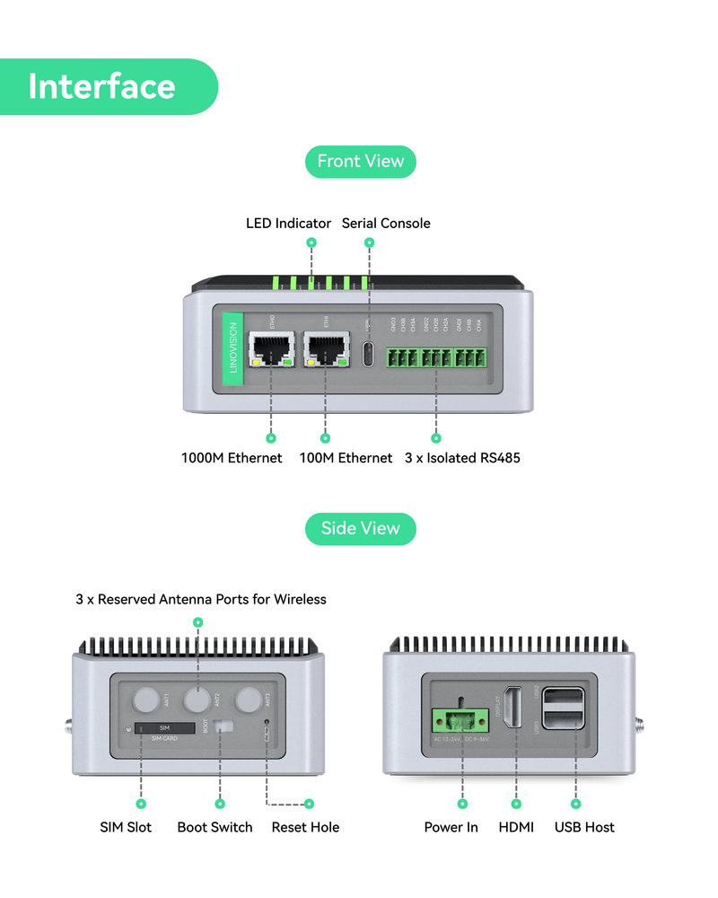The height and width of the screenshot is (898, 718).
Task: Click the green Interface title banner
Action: click(108, 86)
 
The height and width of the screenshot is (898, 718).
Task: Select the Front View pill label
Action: click(361, 162)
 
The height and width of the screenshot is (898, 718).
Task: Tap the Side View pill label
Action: click(361, 528)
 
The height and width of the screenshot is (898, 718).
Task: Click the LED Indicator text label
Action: click(288, 223)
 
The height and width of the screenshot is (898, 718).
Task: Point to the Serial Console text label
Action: click(386, 223)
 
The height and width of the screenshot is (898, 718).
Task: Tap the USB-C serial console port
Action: click(367, 353)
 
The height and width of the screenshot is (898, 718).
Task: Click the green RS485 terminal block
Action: click(436, 357)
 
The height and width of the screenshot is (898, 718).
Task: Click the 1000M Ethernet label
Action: click(232, 458)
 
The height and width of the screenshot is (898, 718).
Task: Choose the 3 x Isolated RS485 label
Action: click(462, 458)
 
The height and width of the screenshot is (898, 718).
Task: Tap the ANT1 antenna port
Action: click(147, 700)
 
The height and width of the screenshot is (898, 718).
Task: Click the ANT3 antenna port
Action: click(250, 700)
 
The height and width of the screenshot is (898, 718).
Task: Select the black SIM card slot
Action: click(166, 726)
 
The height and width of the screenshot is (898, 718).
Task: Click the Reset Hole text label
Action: click(305, 827)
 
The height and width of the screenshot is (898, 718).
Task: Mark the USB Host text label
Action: click(584, 827)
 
